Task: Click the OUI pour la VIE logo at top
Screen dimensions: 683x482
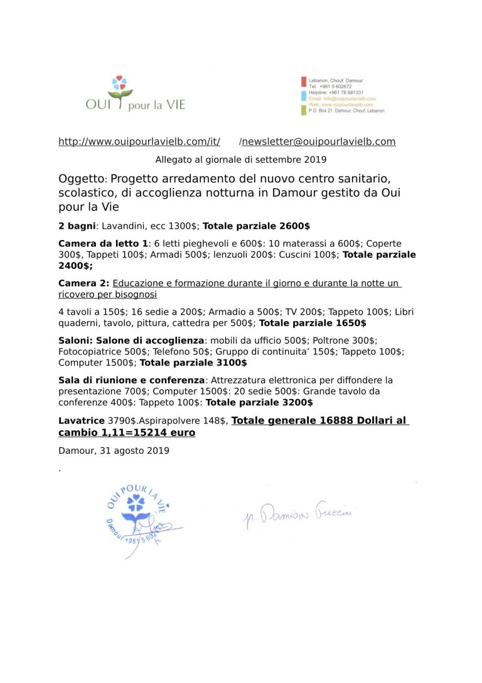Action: coord(136,95)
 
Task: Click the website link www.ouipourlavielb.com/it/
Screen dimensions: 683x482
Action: coord(139,141)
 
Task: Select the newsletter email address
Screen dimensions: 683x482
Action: coord(319,141)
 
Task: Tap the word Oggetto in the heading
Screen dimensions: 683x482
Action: coord(81,179)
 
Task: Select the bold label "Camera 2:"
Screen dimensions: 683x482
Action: coord(83,283)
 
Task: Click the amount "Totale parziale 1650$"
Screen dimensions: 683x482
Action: coord(313,323)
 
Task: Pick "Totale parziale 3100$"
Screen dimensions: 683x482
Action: coord(193,363)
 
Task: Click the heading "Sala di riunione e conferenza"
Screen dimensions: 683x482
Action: coord(132,380)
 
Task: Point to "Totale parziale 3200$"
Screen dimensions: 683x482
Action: coord(259,402)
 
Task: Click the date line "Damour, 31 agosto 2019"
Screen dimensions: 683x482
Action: coord(114,451)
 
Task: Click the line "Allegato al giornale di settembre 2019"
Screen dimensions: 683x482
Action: coord(241,159)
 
